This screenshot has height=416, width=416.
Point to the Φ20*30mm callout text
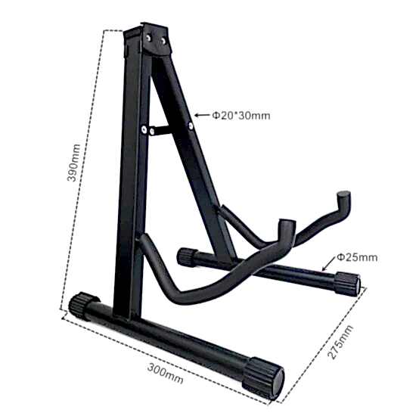[241, 116]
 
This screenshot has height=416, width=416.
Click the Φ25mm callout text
[356, 257]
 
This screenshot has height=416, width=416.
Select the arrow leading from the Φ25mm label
[328, 265]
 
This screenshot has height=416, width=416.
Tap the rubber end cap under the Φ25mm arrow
[347, 284]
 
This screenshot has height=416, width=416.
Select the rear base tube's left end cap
[185, 256]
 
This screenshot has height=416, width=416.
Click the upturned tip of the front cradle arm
[286, 229]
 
